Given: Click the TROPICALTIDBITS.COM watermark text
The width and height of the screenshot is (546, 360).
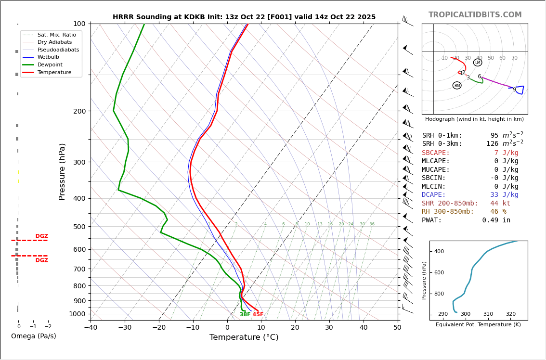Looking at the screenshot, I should coord(475,15).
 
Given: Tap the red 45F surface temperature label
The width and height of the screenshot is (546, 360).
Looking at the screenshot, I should coord(258,315).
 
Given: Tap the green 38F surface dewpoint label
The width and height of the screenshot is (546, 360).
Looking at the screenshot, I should coord(245,315).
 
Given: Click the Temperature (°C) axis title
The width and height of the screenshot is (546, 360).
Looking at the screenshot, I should coord(244,337).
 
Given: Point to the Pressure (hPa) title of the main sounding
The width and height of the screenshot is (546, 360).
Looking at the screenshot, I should coord(62,171).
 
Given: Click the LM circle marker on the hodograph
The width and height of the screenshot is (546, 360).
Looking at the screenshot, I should coord(478,63).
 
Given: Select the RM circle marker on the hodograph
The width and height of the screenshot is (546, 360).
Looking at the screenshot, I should coord(457,86).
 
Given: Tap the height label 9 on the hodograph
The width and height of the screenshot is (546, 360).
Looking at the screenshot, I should coord(514,90).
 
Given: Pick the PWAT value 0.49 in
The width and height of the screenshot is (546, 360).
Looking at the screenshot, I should coord(496,220).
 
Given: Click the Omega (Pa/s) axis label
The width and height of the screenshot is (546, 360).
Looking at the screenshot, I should coord(34,336).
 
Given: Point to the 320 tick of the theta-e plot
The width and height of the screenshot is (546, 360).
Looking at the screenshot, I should coord(510,314).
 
